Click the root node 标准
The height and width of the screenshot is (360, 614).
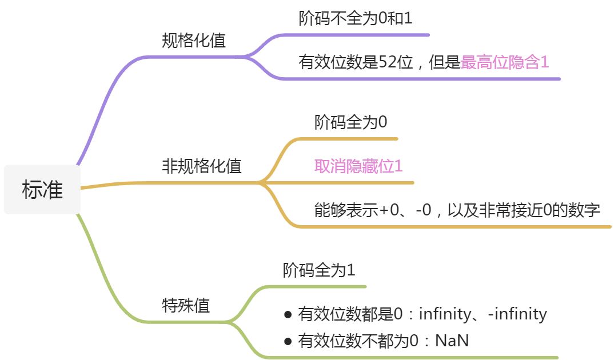(42, 190)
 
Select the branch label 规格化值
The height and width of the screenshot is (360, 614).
(194, 41)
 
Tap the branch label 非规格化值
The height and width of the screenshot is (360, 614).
(202, 166)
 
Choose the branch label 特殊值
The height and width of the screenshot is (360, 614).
(186, 305)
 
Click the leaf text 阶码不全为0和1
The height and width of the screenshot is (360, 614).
(355, 18)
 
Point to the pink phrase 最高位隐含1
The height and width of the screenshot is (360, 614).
(505, 62)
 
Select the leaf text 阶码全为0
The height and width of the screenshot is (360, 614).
(350, 122)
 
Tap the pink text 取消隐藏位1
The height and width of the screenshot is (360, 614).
(358, 166)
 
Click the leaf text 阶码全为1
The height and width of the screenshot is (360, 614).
(319, 270)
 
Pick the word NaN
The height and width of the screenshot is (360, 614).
(452, 341)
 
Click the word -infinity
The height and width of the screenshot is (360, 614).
(517, 314)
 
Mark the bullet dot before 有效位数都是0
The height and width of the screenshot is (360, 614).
(288, 315)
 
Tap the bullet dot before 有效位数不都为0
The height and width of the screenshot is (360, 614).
(288, 341)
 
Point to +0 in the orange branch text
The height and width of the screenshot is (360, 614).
(389, 210)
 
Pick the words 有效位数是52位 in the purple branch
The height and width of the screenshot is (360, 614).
(356, 62)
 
